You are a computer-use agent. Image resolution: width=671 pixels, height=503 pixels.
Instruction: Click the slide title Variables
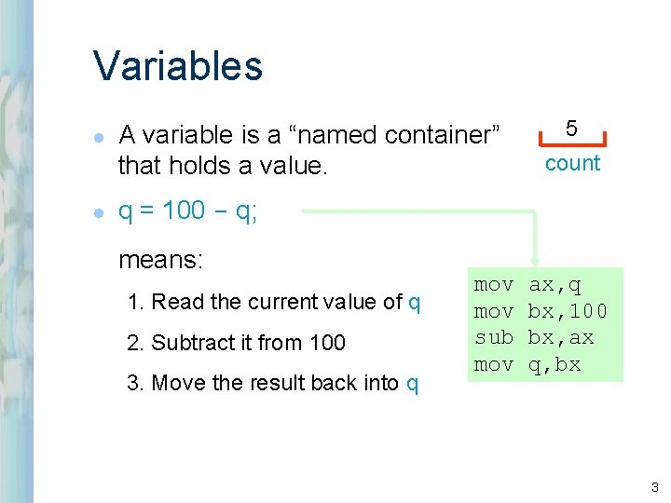click(x=178, y=66)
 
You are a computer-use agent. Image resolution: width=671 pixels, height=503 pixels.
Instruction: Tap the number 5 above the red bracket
click(x=572, y=128)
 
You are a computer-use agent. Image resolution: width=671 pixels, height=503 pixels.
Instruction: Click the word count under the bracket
click(x=572, y=164)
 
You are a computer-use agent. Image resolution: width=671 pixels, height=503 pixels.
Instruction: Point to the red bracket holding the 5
click(x=572, y=143)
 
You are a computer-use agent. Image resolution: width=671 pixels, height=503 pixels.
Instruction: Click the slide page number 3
click(x=655, y=485)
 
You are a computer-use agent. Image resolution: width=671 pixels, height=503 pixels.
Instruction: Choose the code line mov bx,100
click(x=541, y=310)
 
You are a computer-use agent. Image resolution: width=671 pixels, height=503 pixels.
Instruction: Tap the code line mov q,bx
click(x=527, y=364)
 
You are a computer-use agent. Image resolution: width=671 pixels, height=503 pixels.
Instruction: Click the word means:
click(x=160, y=260)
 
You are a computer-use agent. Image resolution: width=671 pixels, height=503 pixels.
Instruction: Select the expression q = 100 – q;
click(x=188, y=211)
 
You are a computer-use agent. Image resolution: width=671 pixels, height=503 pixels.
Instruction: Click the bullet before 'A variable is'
click(x=99, y=136)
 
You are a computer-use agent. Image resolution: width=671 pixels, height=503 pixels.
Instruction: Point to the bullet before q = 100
click(x=99, y=212)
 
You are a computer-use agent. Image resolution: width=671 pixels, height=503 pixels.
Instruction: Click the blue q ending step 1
click(x=415, y=303)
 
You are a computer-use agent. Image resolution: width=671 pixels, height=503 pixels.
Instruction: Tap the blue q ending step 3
click(x=413, y=384)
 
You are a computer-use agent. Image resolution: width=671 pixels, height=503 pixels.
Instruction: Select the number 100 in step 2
click(x=327, y=343)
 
